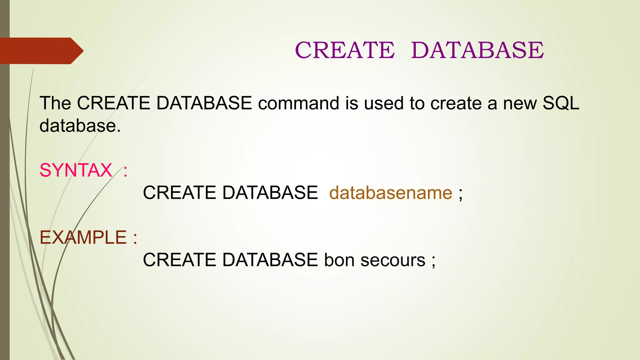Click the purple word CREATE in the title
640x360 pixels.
(x=345, y=50)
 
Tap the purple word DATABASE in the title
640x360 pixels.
(x=477, y=50)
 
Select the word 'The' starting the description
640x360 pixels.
(x=55, y=103)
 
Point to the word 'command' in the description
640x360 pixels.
(x=298, y=103)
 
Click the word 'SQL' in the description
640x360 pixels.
(x=561, y=103)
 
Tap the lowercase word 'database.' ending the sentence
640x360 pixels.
(x=80, y=126)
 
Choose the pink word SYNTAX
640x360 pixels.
(x=76, y=170)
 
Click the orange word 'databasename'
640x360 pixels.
(x=391, y=193)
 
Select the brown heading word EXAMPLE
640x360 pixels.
(x=83, y=237)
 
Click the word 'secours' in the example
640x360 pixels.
(x=393, y=260)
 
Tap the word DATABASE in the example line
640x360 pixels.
(x=270, y=260)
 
